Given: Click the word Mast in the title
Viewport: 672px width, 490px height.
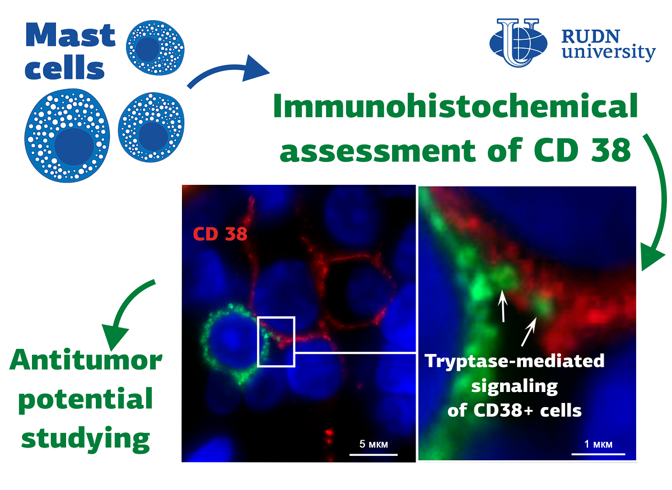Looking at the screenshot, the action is coord(71,35).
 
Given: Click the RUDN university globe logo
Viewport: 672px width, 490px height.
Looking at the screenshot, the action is coord(518,43).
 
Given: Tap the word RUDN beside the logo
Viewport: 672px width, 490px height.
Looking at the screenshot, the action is coord(591,36).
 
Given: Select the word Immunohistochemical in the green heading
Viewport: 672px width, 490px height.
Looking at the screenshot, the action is coord(455,106).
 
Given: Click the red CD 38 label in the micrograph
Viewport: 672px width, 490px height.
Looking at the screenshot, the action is coord(220,234).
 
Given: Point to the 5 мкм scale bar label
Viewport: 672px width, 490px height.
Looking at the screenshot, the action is coord(374,444).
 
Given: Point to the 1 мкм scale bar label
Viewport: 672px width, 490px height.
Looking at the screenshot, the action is coord(598,444).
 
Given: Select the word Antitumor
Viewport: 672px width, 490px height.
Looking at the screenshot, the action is coord(86,360).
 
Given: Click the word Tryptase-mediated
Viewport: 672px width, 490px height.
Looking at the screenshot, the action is coord(515,361).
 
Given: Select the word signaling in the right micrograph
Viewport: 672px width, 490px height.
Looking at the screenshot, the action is coord(515,386).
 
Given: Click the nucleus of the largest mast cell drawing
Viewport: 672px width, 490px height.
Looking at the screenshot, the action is coord(74,147).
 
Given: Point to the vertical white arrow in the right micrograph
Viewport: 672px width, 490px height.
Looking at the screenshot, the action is coord(502,306).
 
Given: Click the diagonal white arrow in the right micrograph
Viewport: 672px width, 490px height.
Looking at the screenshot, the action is coord(529,332).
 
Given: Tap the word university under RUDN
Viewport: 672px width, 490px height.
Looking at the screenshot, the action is coord(609,52).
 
